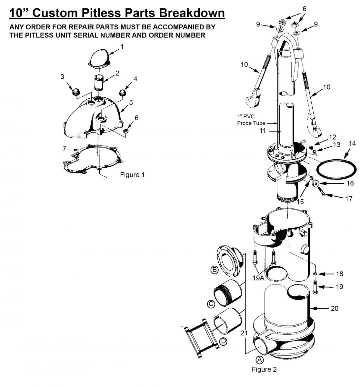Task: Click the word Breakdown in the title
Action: pos(192,13)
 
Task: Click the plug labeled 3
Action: pos(76,91)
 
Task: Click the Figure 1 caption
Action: pos(132,174)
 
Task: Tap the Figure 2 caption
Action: pos(264,369)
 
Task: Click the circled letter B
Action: pos(215,270)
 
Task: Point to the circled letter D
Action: pos(223,341)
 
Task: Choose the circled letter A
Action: pos(259,360)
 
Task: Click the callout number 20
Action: pos(335,308)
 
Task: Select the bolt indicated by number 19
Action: pos(315,288)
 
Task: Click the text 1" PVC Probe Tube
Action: pos(251,120)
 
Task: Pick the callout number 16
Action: pos(350,183)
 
